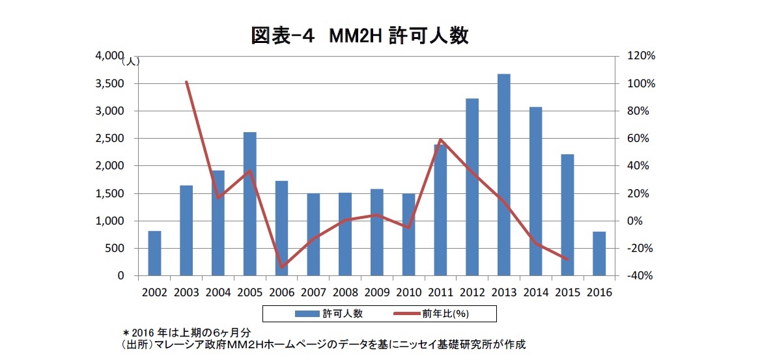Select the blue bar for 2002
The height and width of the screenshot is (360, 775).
[x=154, y=253]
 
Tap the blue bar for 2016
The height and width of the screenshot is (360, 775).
[x=599, y=253]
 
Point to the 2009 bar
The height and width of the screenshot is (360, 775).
[x=377, y=232]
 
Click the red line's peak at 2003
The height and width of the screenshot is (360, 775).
[x=186, y=82]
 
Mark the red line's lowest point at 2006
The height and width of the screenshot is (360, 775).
[x=282, y=267]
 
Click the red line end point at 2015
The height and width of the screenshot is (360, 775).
[x=568, y=259]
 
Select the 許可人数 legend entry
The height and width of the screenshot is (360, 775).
[x=329, y=313]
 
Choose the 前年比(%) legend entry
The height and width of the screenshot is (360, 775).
[x=432, y=313]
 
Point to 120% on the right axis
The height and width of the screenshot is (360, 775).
[x=640, y=56]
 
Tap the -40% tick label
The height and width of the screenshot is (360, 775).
[x=640, y=276]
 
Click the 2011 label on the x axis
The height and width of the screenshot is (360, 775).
[x=441, y=293]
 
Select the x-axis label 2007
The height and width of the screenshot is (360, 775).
[x=314, y=293]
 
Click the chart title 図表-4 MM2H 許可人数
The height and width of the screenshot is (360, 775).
[x=359, y=36]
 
